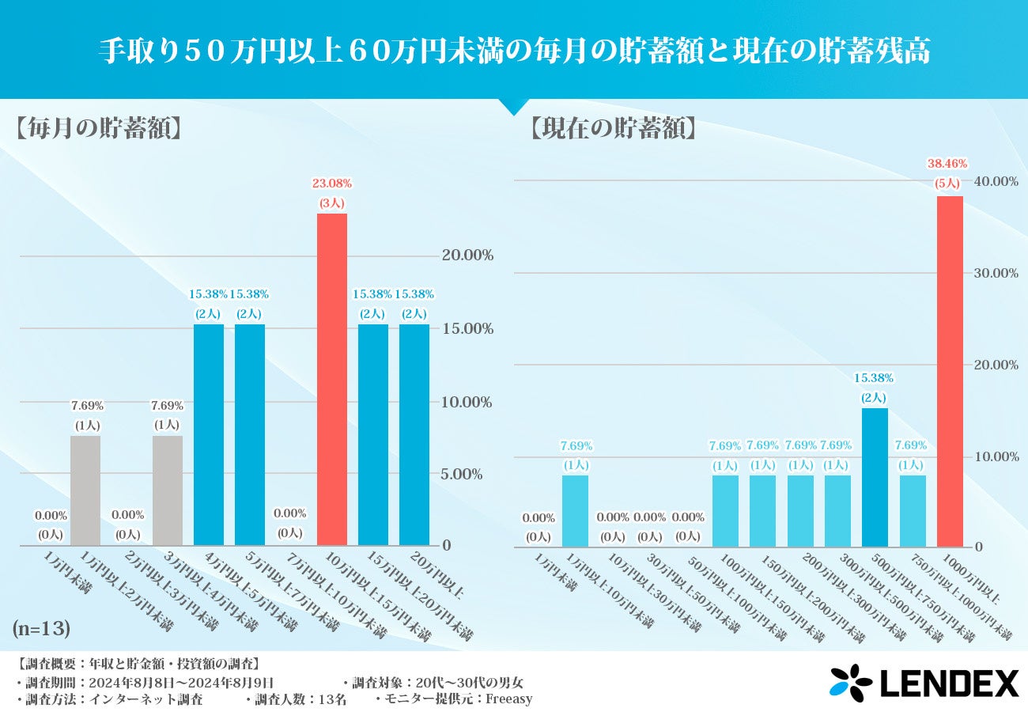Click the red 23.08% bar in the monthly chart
click(x=332, y=380)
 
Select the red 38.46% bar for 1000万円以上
click(x=950, y=372)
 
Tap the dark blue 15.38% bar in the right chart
click(x=875, y=477)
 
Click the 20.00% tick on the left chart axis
click(x=467, y=256)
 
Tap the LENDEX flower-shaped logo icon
click(x=851, y=683)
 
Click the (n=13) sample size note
click(x=41, y=629)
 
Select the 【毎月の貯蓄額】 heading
click(x=98, y=129)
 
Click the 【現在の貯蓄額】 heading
click(x=614, y=129)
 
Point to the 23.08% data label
click(x=332, y=184)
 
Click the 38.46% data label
click(x=947, y=164)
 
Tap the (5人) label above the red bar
click(x=947, y=183)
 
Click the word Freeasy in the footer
click(x=508, y=699)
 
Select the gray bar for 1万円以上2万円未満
click(x=85, y=490)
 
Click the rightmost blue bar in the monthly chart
click(x=414, y=435)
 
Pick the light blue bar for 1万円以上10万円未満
click(x=575, y=511)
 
